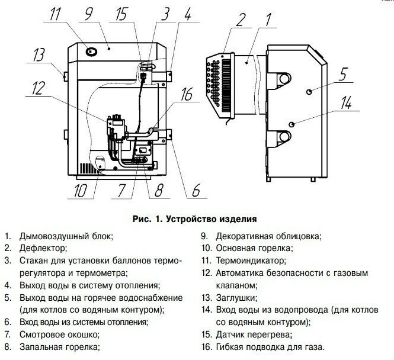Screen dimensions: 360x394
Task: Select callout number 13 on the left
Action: pyautogui.click(x=39, y=55)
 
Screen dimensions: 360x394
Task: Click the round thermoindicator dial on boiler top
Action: pyautogui.click(x=92, y=52)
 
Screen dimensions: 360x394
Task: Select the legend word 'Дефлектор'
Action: pyautogui.click(x=43, y=247)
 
